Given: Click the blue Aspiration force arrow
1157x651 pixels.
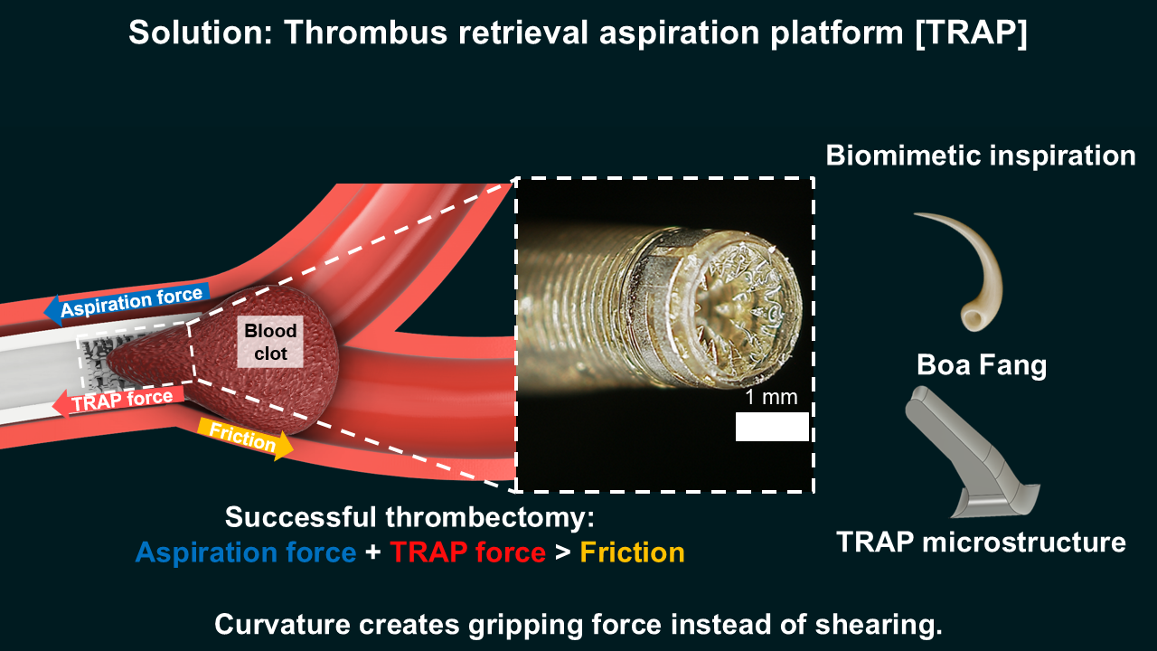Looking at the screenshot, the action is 127,304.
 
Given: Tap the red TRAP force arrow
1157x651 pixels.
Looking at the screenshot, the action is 118,401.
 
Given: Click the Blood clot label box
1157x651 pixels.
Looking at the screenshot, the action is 270,342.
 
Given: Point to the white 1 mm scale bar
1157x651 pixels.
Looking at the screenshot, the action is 772,427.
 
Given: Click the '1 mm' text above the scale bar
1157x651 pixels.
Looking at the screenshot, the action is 771,397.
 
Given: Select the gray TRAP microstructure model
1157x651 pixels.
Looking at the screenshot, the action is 971,451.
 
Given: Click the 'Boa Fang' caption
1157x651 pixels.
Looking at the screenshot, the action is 982,364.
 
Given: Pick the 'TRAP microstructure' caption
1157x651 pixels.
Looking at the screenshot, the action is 981,542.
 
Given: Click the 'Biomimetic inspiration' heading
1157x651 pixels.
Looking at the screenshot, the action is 981,155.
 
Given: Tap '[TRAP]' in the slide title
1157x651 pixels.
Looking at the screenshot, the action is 971,33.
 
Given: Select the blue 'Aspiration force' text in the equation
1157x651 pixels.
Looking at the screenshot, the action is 246,552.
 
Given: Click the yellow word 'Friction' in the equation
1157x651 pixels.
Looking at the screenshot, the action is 632,552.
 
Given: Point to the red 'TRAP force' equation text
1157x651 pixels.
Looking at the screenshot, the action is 468,552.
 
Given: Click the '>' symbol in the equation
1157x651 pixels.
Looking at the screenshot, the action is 563,552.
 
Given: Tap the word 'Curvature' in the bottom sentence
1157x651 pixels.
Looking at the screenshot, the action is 283,624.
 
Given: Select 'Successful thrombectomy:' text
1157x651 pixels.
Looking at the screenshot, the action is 409,517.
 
